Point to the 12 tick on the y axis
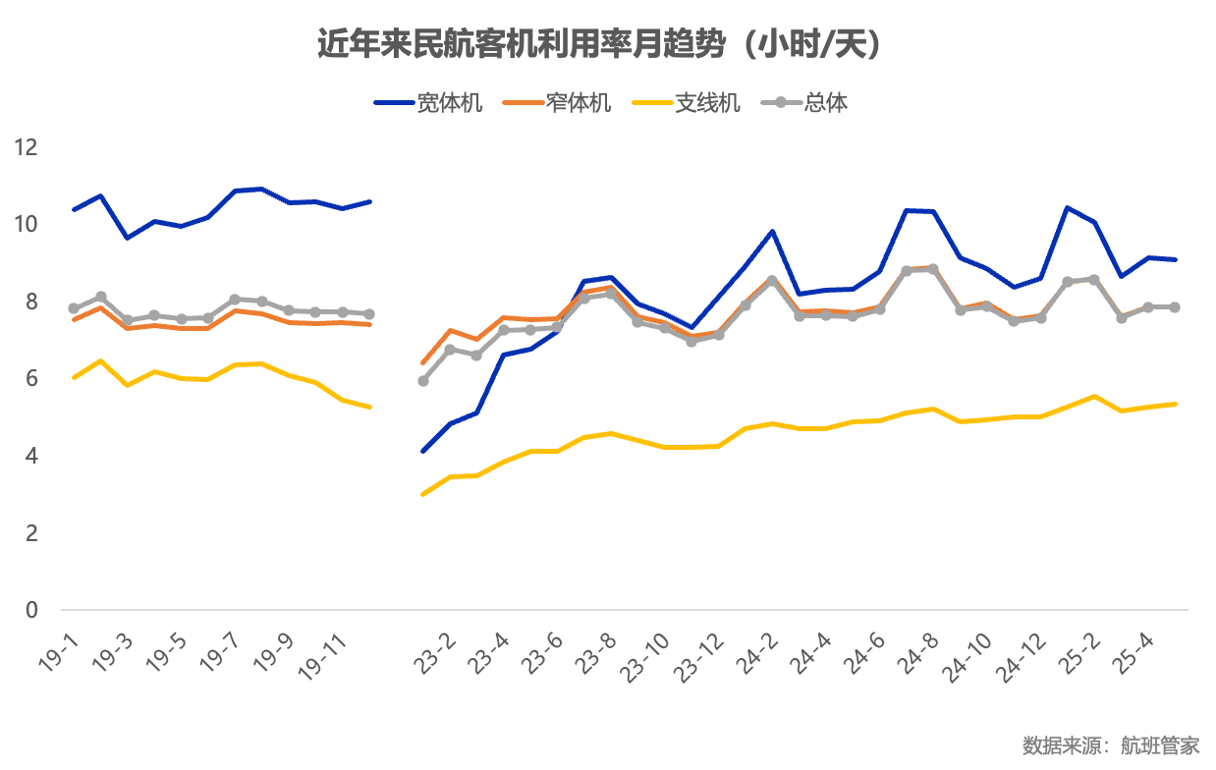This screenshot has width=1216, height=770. [26, 147]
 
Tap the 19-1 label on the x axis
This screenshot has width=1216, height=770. [61, 648]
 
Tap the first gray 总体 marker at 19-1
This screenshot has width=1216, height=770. [74, 308]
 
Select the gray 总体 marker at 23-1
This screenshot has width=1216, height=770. [423, 381]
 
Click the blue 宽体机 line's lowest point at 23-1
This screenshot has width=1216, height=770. [423, 451]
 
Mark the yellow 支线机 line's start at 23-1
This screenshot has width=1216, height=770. [423, 494]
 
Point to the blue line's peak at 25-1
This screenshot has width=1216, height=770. [1068, 207]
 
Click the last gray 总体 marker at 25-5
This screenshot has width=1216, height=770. [1175, 307]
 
